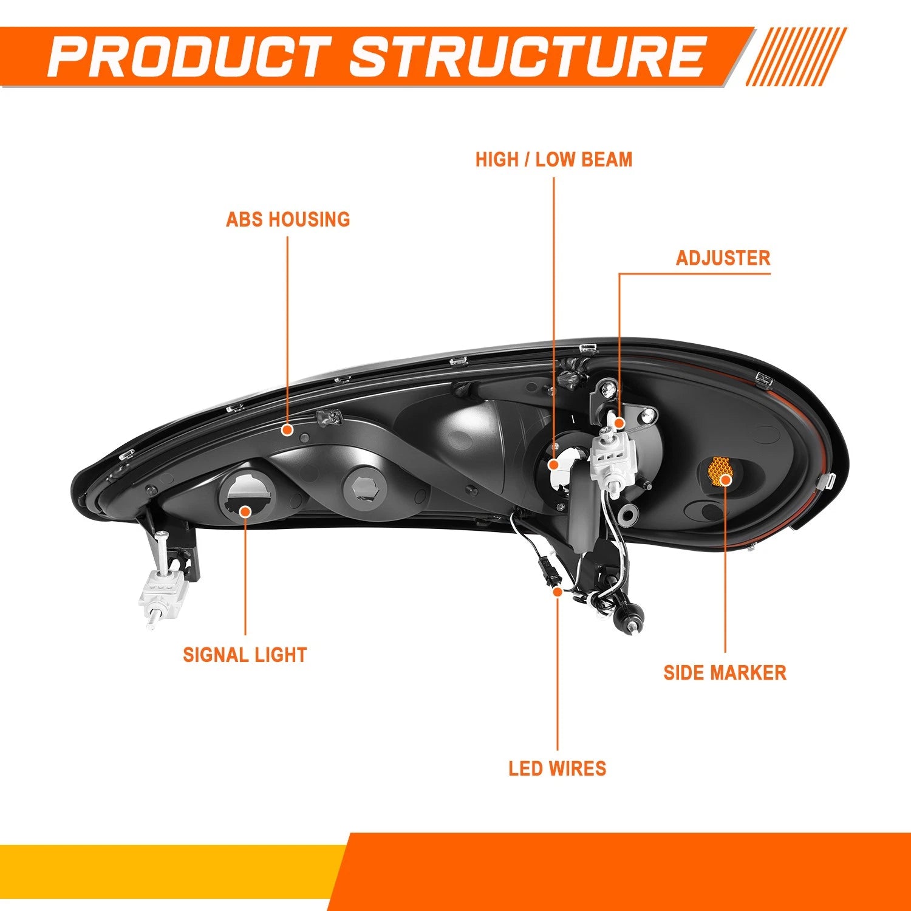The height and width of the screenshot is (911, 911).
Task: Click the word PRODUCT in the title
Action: click(190, 56)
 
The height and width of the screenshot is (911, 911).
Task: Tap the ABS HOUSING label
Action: click(288, 219)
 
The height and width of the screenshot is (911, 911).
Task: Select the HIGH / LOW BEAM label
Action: click(554, 160)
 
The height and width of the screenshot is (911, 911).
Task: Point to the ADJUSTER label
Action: click(723, 258)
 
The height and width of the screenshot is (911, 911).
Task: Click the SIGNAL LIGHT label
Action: click(245, 655)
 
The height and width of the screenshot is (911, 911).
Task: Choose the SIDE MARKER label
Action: click(725, 673)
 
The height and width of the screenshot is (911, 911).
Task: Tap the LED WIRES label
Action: click(558, 768)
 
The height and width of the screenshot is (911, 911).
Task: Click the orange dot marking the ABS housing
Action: click(288, 429)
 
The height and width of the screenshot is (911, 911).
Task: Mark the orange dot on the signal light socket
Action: click(245, 511)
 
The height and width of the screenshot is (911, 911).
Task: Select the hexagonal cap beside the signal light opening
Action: click(366, 489)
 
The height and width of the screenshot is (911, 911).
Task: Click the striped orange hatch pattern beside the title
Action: click(796, 56)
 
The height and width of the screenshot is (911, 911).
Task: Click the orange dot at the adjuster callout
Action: click(619, 422)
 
